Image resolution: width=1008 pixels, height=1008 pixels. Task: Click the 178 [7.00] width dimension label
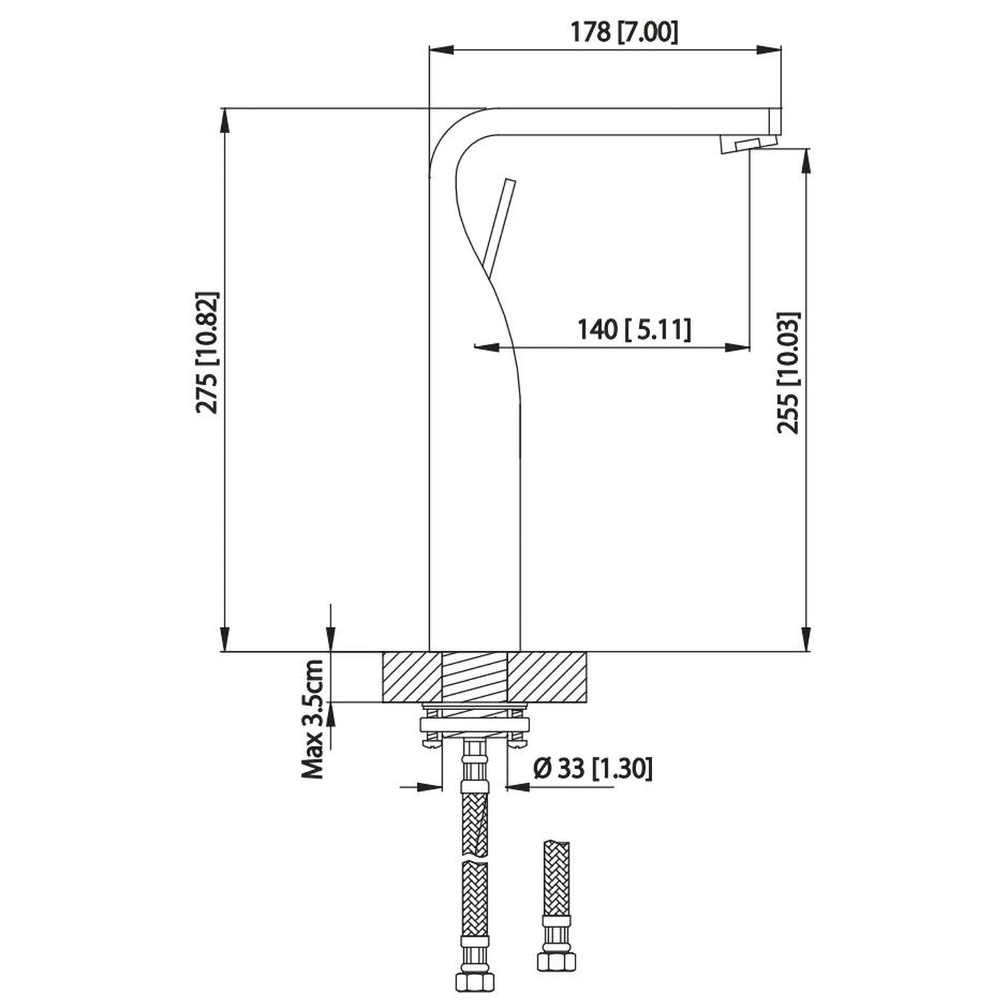[624, 32]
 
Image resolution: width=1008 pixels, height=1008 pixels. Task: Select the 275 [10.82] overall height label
[208, 352]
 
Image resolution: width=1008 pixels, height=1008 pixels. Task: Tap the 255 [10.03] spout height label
[790, 373]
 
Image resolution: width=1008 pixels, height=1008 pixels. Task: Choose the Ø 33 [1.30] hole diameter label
[592, 769]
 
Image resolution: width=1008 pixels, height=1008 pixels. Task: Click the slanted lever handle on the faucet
[500, 227]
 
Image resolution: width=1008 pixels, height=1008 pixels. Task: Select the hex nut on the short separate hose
[557, 961]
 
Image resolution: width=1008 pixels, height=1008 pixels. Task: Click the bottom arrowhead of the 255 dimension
[807, 640]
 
